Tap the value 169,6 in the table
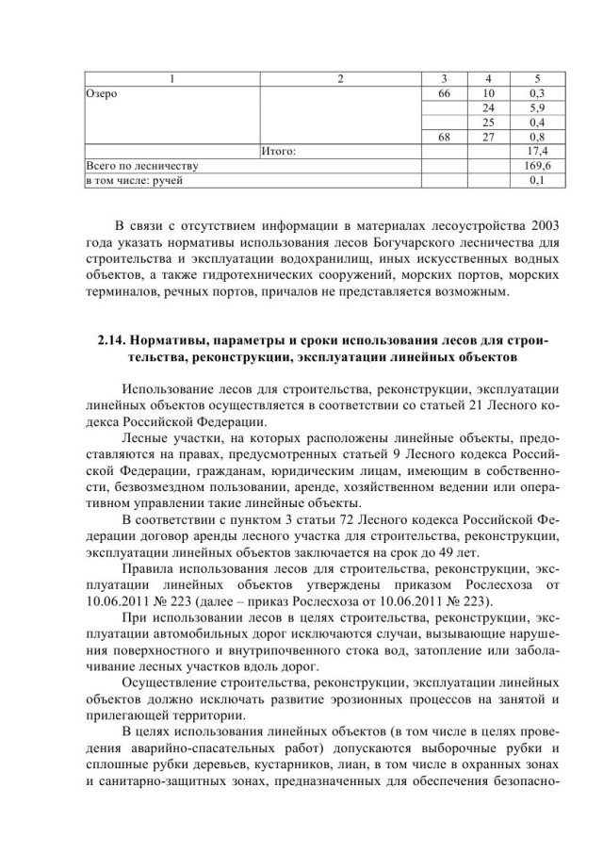(x=540, y=164)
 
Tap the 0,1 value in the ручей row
(x=540, y=178)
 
